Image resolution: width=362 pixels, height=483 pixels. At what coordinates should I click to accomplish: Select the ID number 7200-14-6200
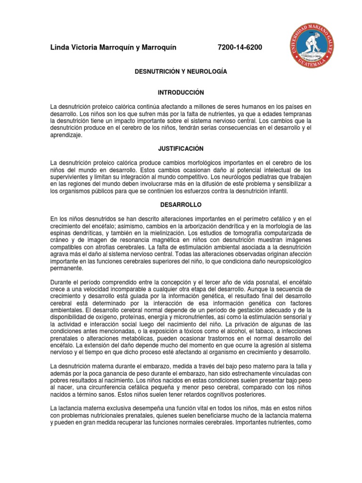click(x=240, y=48)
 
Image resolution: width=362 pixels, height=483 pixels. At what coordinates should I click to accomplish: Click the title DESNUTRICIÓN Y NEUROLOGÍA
click(x=181, y=72)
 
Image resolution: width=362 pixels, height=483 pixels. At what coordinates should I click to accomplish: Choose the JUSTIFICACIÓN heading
click(x=181, y=149)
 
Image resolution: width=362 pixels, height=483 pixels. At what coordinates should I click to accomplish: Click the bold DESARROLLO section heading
click(x=181, y=205)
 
